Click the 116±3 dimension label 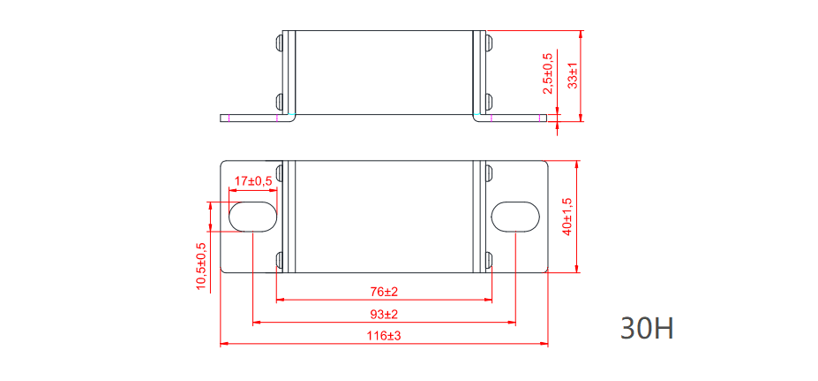383,336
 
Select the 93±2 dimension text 383,315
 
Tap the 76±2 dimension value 383,292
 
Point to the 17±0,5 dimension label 252,181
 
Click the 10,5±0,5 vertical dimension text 201,265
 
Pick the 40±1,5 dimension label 567,215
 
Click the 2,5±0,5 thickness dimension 547,73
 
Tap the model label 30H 647,328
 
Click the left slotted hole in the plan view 252,217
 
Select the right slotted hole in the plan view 515,217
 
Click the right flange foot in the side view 516,118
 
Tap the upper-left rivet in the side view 281,42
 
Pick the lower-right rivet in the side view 485,100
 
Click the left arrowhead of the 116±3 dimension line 222,343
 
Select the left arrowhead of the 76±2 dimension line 281,300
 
